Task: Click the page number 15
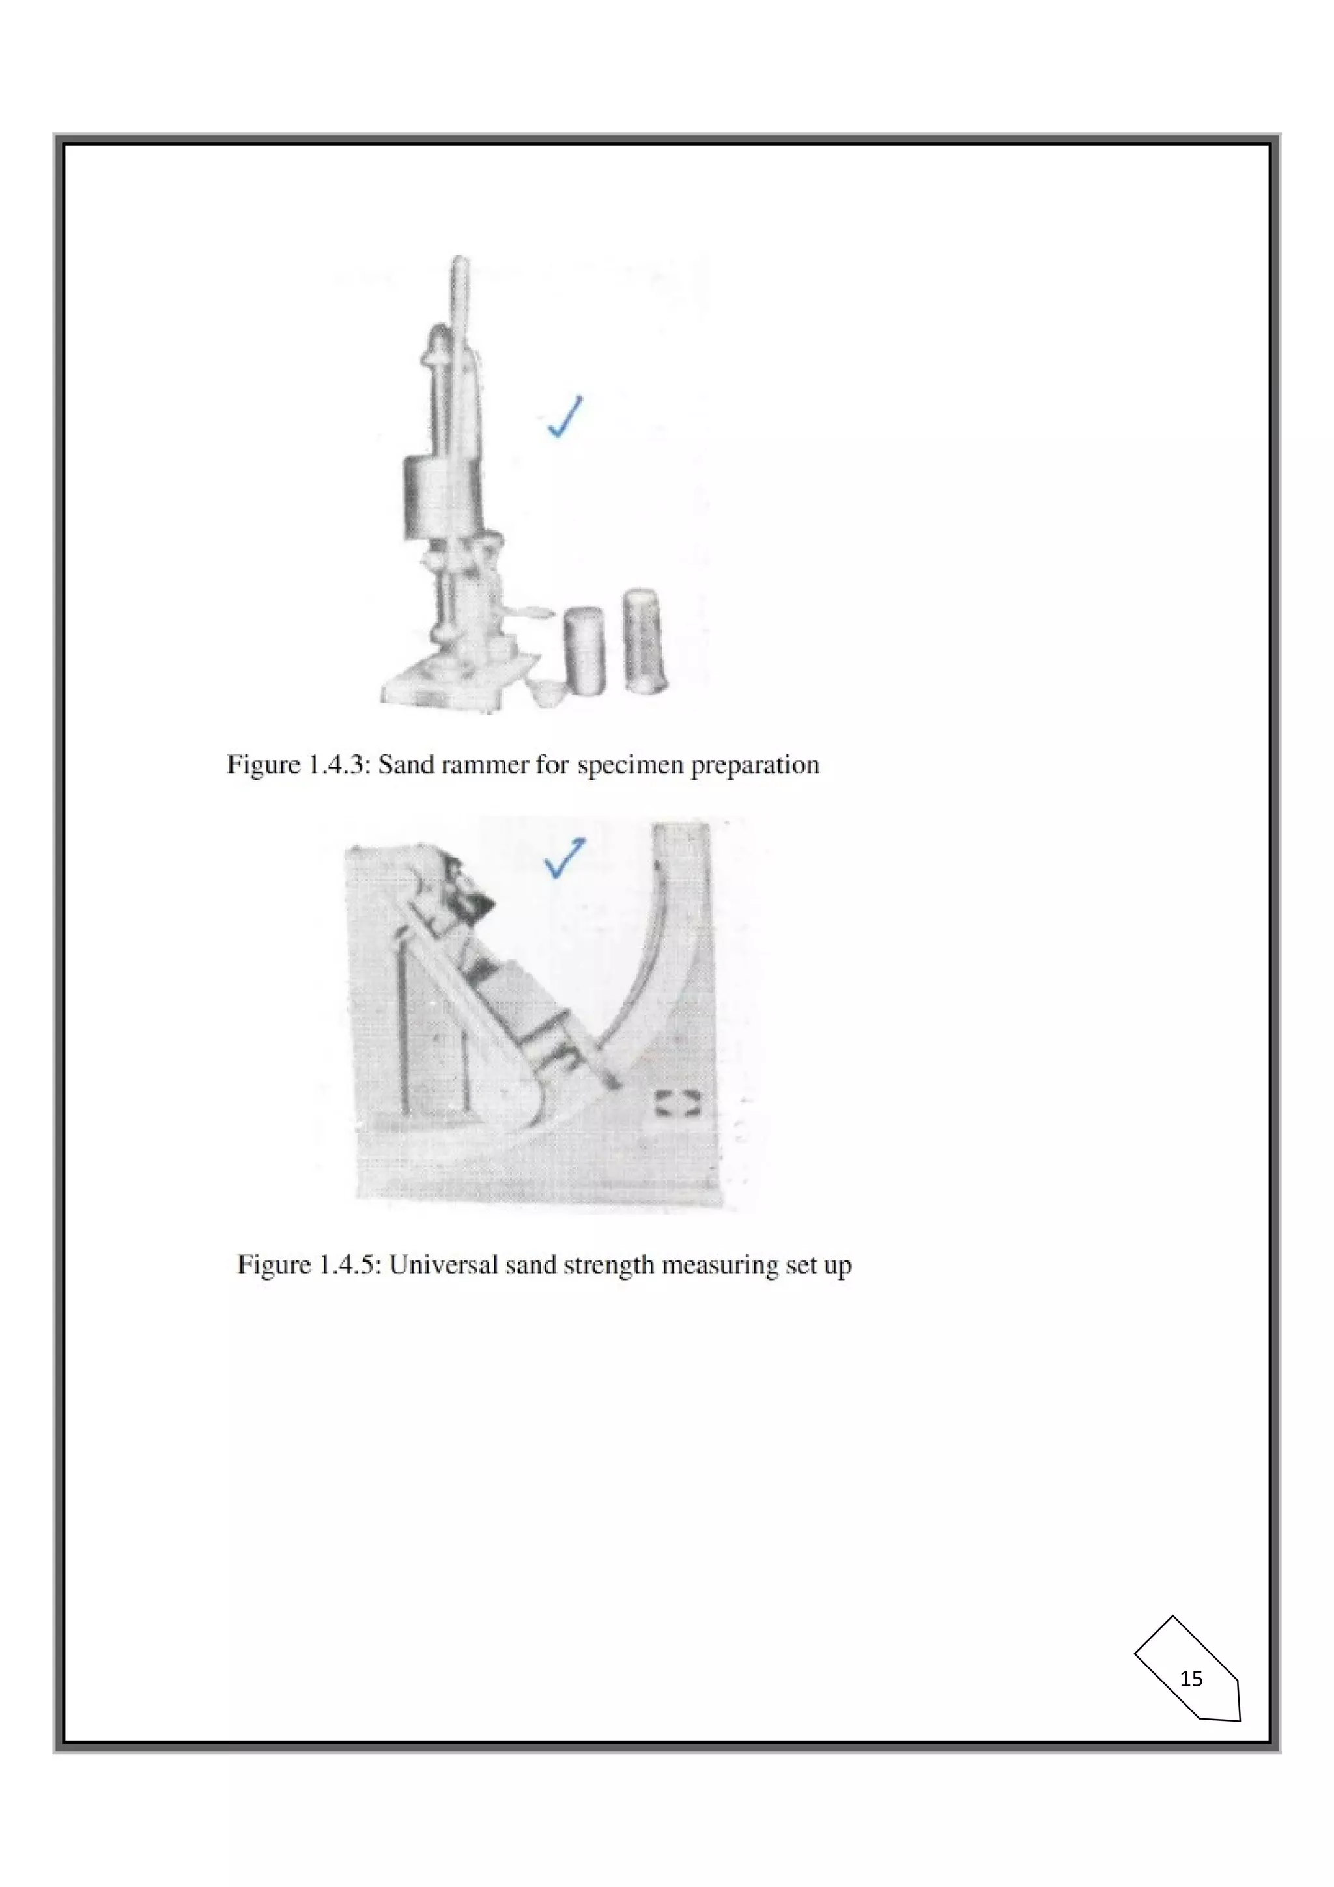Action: pyautogui.click(x=1191, y=1679)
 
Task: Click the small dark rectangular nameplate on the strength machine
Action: pyautogui.click(x=677, y=1105)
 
